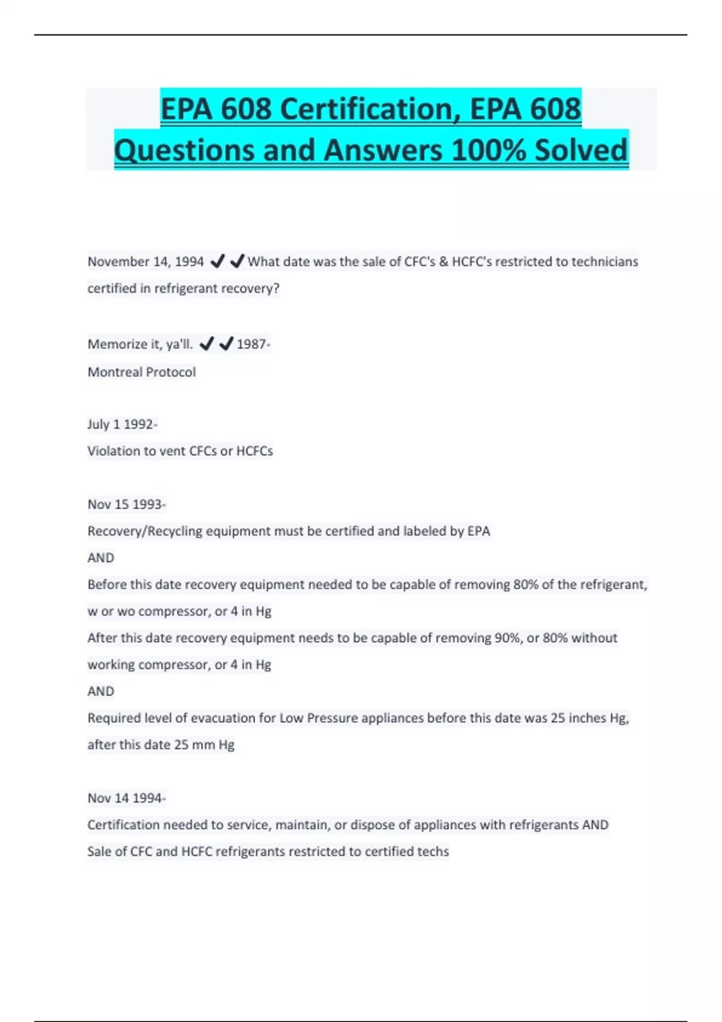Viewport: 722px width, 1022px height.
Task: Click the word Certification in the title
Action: (366, 109)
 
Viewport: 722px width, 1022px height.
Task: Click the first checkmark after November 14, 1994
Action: (218, 261)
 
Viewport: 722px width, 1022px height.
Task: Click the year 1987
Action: (251, 344)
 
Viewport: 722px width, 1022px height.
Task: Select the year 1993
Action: (147, 504)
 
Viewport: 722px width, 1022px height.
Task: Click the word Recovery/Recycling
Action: (145, 531)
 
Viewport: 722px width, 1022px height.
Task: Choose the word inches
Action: (587, 718)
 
